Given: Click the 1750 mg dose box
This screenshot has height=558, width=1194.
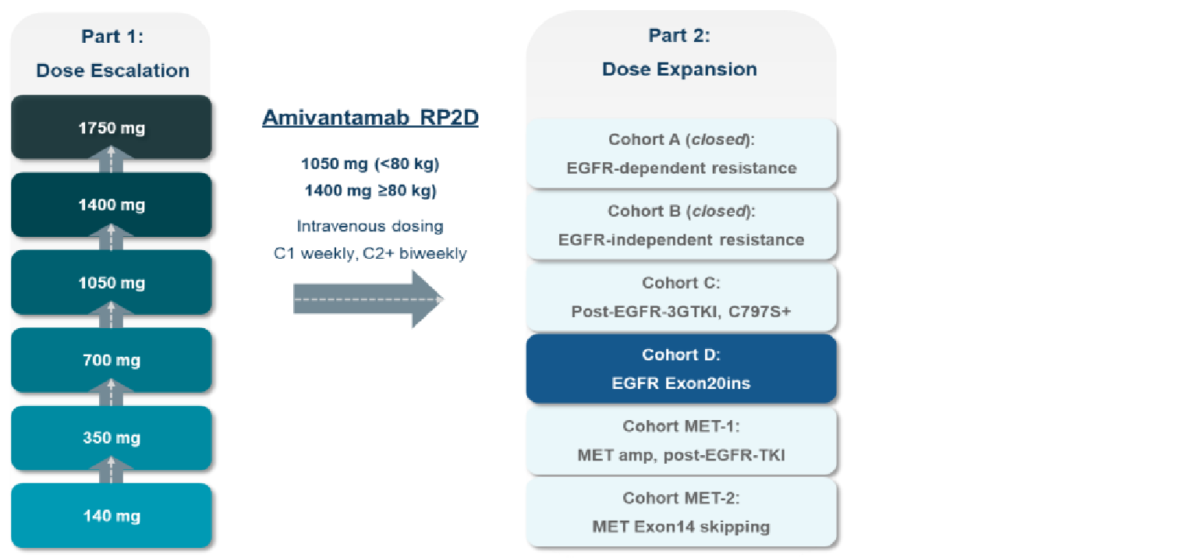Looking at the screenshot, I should pos(111,128).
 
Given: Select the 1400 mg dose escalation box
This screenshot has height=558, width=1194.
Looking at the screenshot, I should pos(111,205).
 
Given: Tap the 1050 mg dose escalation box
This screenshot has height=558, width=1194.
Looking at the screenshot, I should pos(111,282).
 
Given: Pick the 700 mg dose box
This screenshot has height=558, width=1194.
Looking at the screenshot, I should pos(111,360).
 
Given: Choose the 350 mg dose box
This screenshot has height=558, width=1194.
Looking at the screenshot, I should pos(111,438).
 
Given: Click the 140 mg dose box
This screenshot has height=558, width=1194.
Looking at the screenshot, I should pos(111,515).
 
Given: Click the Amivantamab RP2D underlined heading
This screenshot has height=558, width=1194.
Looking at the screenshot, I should pos(370,118).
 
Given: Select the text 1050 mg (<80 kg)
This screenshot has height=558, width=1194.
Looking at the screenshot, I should pos(369,164).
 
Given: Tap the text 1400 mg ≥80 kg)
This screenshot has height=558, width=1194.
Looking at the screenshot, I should pos(369,189).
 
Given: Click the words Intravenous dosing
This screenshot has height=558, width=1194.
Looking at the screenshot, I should pos(369,227).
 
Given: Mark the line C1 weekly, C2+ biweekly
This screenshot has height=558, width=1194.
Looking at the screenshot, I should pos(369,253).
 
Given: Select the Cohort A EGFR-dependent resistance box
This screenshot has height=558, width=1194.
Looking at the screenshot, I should pos(682,154).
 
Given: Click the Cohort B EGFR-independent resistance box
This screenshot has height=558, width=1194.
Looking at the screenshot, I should pos(682,226).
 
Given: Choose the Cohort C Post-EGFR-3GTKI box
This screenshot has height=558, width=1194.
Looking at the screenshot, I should pos(682,298).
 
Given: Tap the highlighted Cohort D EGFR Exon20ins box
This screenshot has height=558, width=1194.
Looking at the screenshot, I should pos(682,369).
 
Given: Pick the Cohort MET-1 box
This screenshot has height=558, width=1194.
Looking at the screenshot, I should pos(682,441).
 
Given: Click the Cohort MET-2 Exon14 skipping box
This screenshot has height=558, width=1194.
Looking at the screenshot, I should pos(682,512).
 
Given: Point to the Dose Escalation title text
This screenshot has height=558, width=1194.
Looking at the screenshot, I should pos(112,70).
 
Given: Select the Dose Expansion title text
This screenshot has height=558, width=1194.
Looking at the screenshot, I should pos(679,69).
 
